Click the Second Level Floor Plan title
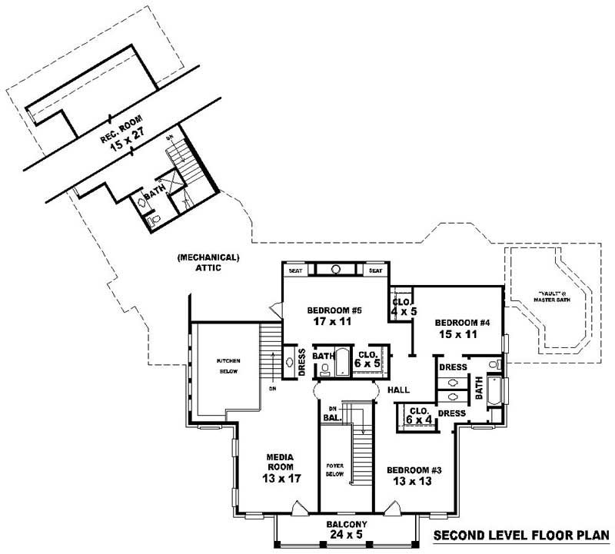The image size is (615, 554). point(521,536)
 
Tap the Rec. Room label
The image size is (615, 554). point(117,130)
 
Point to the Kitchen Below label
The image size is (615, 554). point(228,365)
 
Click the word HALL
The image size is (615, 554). point(398,390)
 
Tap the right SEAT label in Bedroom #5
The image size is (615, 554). point(375,270)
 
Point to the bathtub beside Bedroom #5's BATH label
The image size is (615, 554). point(343,360)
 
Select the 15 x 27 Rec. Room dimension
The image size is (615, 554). point(128,143)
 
